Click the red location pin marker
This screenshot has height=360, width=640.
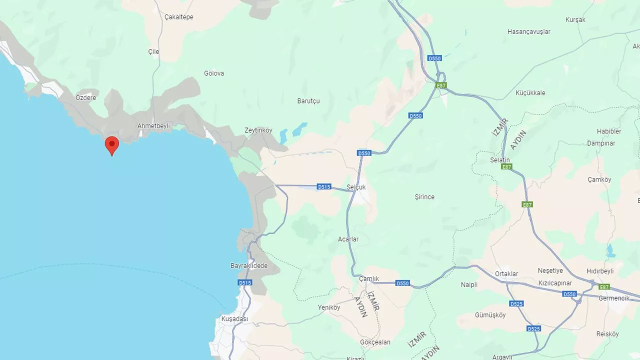(x=111, y=145)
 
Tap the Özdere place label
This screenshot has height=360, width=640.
(x=85, y=97)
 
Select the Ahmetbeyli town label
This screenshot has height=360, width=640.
(x=153, y=126)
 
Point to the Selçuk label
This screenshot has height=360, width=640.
(x=356, y=187)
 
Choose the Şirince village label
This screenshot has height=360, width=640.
(x=424, y=197)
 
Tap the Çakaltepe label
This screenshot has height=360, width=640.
(x=178, y=17)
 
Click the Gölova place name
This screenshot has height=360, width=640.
(x=214, y=73)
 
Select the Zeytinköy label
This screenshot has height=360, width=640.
(x=258, y=130)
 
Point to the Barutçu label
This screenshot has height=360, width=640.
(x=308, y=101)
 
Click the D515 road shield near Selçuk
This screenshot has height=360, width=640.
(x=324, y=187)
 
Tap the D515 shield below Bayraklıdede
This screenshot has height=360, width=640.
(x=244, y=283)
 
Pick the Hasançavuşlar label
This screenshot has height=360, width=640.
(x=528, y=31)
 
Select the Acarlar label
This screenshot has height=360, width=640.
(x=348, y=239)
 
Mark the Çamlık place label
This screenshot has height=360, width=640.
(x=369, y=279)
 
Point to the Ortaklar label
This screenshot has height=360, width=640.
(x=506, y=274)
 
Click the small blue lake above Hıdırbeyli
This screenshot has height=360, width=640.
(x=610, y=250)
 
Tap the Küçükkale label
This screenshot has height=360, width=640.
(x=530, y=93)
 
